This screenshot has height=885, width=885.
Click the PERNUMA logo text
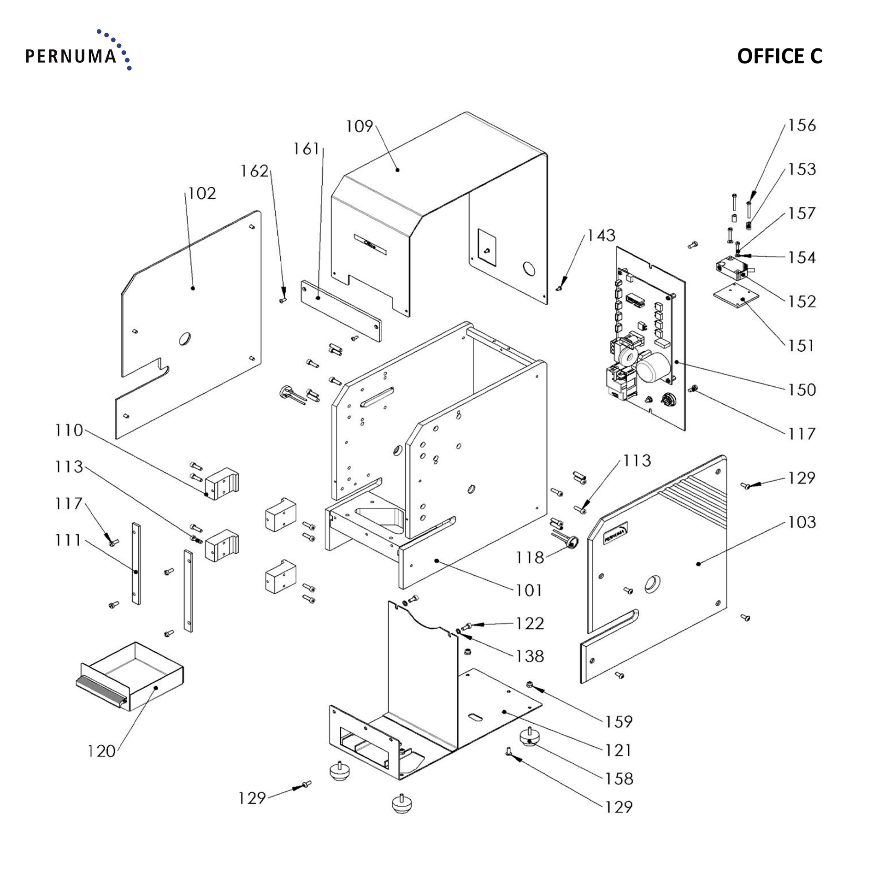click(70, 56)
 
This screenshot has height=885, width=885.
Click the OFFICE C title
click(779, 56)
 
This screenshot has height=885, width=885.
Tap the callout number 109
click(359, 126)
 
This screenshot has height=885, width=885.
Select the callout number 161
click(307, 148)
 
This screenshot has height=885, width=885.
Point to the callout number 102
click(202, 194)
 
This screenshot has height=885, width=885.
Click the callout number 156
click(802, 125)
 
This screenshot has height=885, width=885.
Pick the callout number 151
click(802, 346)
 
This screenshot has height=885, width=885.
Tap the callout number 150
click(802, 390)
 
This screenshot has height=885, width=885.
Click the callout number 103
click(802, 522)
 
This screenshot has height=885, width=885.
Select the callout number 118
click(530, 558)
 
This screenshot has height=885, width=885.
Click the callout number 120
click(101, 751)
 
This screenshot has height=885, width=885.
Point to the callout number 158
click(619, 779)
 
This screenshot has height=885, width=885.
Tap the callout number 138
click(530, 656)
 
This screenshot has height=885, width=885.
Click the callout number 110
click(69, 431)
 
